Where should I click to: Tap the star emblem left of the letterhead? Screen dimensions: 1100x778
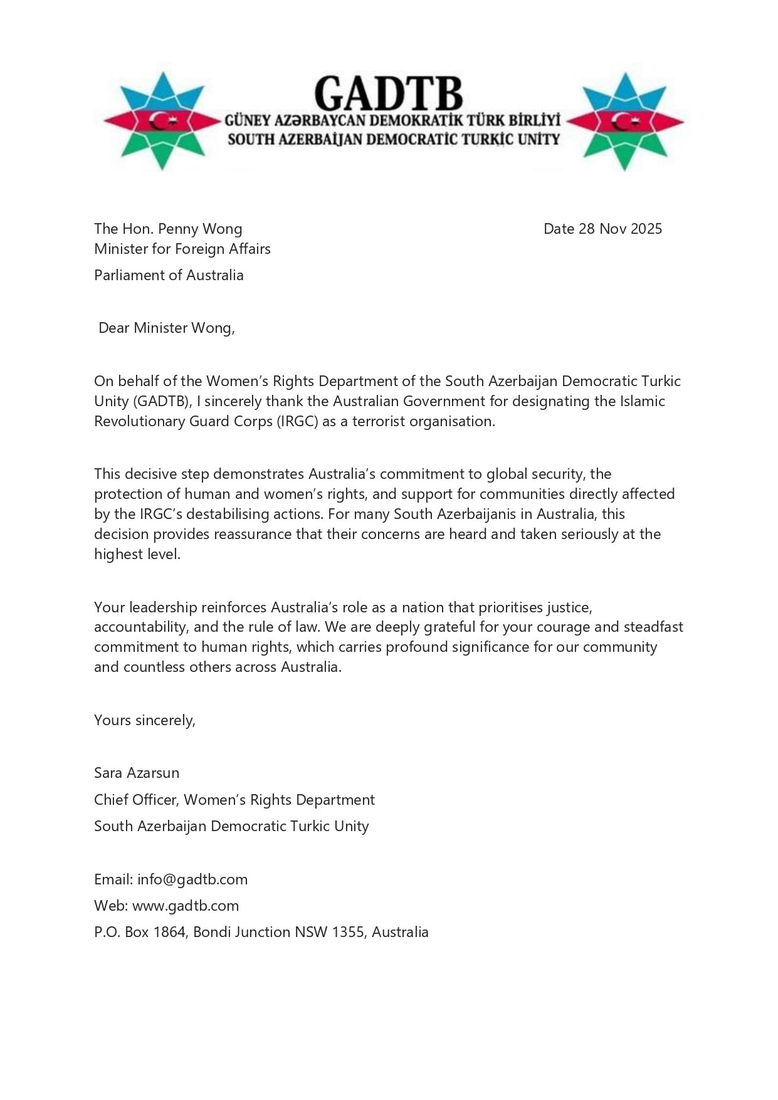162,121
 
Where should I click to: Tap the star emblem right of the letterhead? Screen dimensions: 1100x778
624,121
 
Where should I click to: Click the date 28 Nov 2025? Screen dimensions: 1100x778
620,229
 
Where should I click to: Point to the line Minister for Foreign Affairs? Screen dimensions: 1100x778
182,249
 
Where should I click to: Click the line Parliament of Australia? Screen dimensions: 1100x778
169,275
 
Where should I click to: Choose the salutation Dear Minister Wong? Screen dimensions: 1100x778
167,328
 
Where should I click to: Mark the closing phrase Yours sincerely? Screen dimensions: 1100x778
145,720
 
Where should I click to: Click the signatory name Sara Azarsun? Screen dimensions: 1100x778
137,773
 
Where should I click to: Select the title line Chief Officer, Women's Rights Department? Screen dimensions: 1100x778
234,800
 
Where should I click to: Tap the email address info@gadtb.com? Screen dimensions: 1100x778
192,879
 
